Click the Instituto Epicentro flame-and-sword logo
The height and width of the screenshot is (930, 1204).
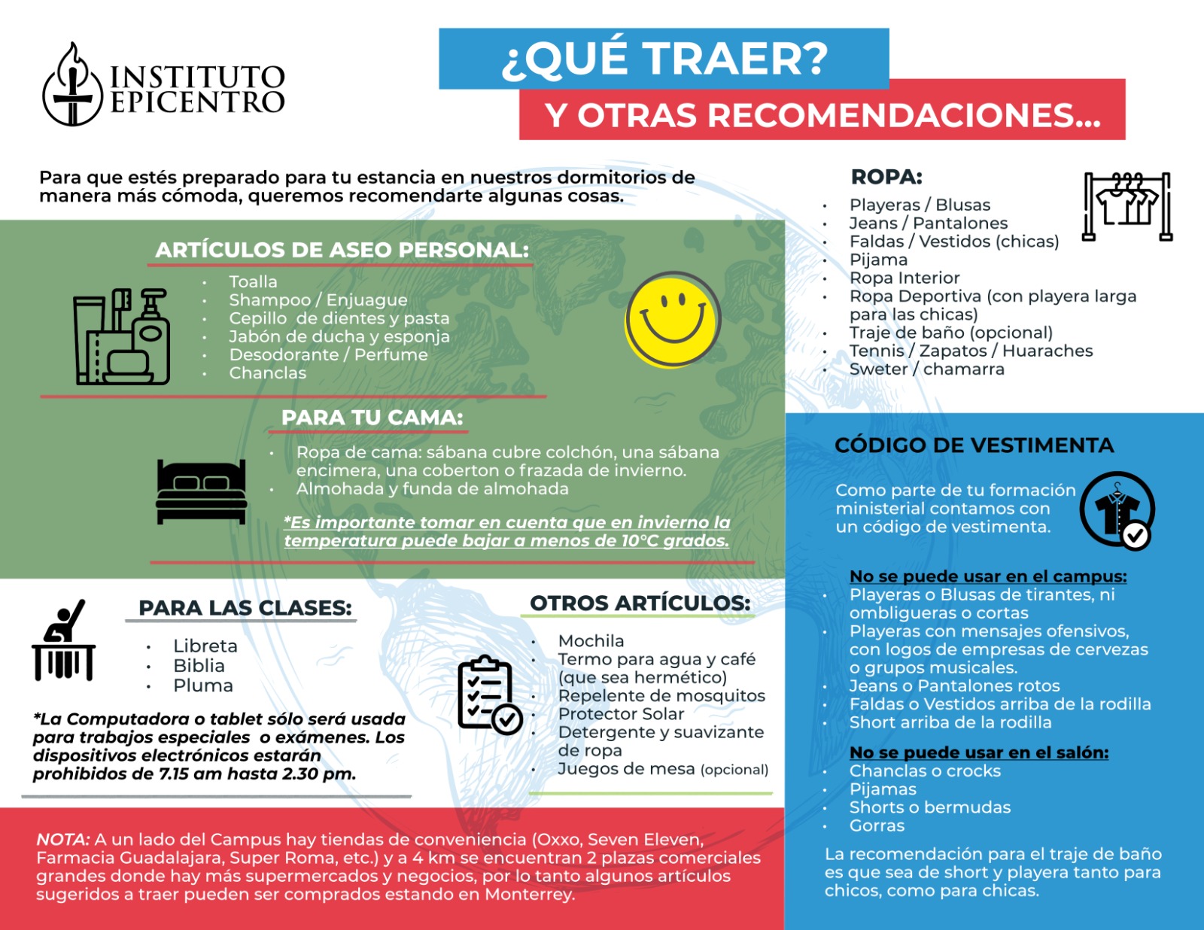72,85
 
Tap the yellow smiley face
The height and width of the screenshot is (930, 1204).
672,319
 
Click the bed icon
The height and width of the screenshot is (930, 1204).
201,491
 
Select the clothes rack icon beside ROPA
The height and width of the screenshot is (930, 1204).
1126,205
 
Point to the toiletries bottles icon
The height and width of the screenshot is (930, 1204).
121,336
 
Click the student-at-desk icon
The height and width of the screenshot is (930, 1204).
63,641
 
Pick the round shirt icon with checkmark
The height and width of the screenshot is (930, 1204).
1117,510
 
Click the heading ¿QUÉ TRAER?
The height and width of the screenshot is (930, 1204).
664,59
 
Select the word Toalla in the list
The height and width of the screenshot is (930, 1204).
253,281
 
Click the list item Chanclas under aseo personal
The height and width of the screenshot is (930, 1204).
267,372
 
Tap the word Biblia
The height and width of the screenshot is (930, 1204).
199,666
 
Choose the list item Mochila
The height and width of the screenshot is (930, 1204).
591,641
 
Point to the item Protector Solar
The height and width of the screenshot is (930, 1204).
621,713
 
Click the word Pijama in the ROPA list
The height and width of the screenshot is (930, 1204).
878,260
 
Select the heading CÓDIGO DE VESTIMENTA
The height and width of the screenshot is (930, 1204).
974,445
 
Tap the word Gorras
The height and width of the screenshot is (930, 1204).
877,825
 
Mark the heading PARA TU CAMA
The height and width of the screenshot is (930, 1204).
372,418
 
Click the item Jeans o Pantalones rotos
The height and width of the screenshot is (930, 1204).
954,685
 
